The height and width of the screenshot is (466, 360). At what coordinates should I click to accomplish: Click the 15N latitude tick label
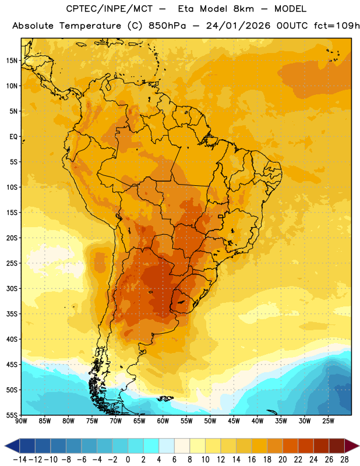coord(12,61)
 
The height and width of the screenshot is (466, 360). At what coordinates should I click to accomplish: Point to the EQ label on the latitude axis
coord(13,137)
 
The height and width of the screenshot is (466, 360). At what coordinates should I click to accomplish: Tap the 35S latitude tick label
coord(12,314)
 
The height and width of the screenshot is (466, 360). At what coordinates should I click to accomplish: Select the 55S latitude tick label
coord(12,415)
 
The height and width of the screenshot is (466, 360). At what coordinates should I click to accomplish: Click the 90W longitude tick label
coord(21,421)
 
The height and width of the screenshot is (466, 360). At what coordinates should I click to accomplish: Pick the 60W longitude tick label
coord(163,421)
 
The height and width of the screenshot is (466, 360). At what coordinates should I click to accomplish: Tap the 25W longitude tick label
coord(328,421)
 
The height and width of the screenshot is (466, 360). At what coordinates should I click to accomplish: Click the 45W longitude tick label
coord(234,421)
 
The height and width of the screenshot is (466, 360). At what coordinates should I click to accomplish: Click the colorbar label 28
coord(344,460)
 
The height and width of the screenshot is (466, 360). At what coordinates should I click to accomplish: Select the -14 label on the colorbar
coord(20,460)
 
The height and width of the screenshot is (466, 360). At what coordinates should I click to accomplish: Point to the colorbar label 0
coord(128,460)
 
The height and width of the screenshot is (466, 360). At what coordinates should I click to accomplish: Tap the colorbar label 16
coord(252,460)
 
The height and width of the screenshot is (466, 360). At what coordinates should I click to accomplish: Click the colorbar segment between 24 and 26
coord(322,446)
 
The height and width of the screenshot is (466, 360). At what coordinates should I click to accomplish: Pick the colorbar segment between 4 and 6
coord(167,446)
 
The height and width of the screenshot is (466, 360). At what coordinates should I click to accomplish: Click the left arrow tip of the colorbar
coord(5,446)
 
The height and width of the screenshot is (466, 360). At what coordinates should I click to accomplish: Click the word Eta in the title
coord(186,9)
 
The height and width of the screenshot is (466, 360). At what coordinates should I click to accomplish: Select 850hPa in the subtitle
coord(167,26)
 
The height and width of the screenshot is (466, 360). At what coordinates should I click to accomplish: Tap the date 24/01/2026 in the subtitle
coord(238,26)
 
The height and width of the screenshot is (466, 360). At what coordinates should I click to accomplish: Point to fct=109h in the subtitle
coord(337,26)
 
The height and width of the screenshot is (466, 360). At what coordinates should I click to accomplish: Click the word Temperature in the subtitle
coord(90,26)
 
